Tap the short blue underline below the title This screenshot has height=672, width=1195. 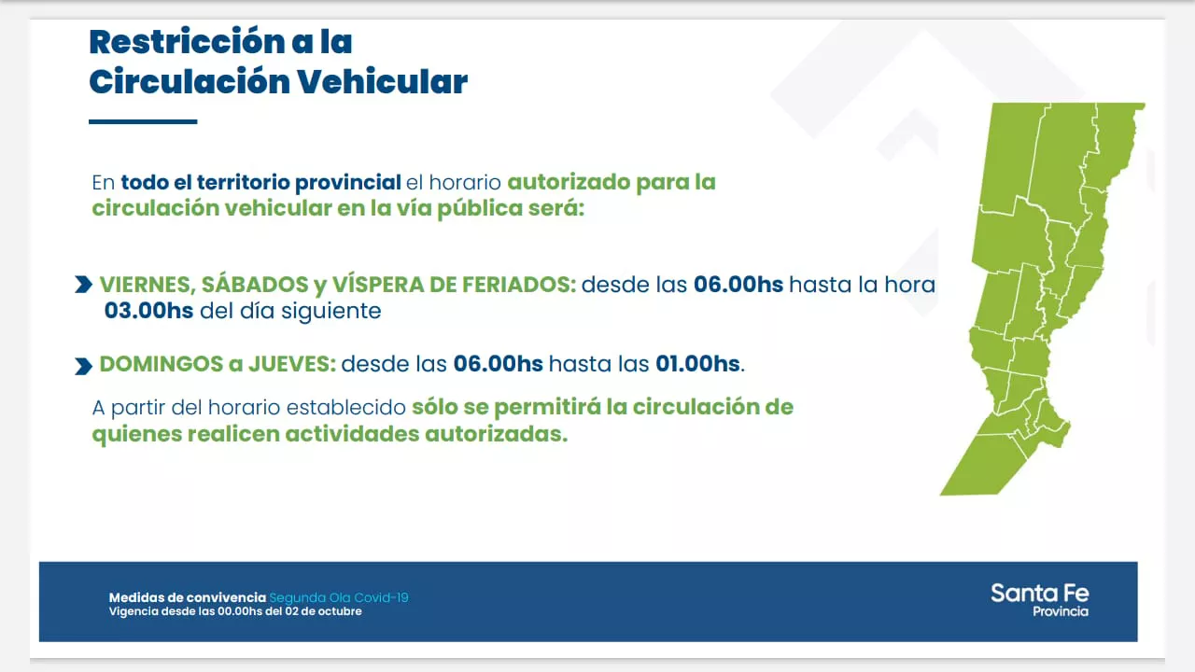(x=143, y=121)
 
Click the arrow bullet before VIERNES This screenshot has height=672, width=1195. (x=83, y=285)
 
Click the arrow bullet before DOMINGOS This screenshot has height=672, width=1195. (x=83, y=366)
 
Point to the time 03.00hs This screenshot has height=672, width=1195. (x=148, y=311)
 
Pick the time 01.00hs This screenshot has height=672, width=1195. (x=697, y=364)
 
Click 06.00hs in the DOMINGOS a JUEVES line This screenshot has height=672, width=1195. (x=498, y=364)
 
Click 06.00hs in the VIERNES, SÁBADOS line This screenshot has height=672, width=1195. (x=738, y=285)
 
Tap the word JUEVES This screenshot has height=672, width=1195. (x=291, y=364)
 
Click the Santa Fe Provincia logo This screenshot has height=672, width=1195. (x=1039, y=599)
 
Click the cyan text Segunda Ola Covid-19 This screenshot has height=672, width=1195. (x=338, y=597)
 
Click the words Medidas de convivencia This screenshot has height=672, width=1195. (x=188, y=597)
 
